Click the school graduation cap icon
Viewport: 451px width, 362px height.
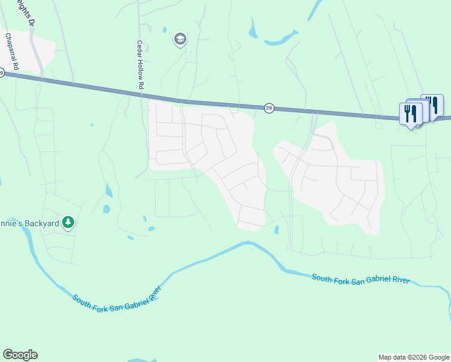tap(179, 40)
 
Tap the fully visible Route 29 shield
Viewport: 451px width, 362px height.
tap(269, 108)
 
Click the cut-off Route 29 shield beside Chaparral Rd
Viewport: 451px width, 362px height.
tap(2, 73)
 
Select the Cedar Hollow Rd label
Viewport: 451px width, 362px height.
tap(139, 66)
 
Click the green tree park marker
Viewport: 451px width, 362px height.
tap(69, 223)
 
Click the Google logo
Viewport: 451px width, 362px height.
tap(20, 355)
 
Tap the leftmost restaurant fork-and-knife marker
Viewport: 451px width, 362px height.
tap(408, 113)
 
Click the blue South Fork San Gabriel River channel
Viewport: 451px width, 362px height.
tap(199, 260)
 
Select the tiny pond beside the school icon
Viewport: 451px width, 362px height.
tap(165, 29)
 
